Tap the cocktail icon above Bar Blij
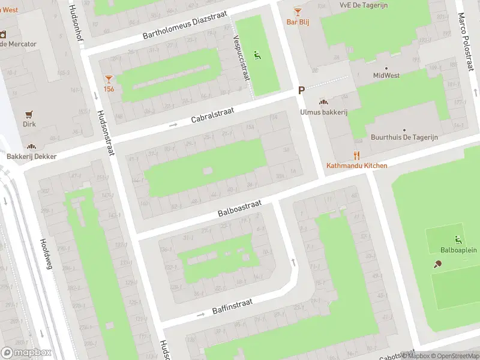297,11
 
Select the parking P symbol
302,90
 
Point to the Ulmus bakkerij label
324,112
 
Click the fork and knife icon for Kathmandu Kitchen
356,155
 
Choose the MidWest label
386,76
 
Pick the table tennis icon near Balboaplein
438,264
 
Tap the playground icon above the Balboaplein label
458,239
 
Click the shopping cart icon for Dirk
29,114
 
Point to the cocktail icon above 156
109,79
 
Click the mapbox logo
26,353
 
